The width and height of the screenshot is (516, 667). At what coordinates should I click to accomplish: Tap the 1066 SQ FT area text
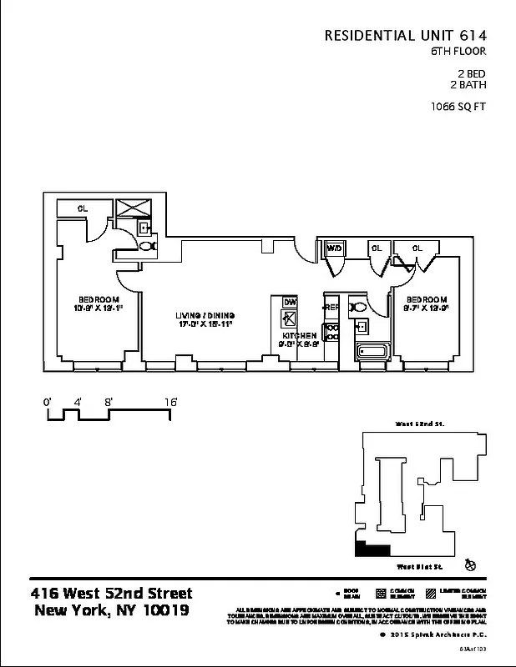458,106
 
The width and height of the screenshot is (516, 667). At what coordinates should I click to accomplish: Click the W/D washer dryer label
334,248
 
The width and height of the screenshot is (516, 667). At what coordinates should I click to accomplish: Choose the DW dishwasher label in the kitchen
290,301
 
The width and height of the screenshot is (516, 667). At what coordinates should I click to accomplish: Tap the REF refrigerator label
331,308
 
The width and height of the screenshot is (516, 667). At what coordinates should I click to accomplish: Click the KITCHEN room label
299,335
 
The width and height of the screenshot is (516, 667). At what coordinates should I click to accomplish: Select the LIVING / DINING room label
205,314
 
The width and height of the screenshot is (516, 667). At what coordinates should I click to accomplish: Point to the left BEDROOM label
99,299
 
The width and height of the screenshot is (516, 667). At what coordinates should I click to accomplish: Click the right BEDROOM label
427,299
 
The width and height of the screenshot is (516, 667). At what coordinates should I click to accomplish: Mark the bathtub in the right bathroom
370,351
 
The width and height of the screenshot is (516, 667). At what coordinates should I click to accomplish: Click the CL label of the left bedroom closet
83,208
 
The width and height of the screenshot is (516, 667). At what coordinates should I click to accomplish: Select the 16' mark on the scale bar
170,402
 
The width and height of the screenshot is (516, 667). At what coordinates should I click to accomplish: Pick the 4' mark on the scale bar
78,402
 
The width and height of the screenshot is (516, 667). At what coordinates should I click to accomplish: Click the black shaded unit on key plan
372,549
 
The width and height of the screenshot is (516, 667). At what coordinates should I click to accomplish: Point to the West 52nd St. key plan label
420,424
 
